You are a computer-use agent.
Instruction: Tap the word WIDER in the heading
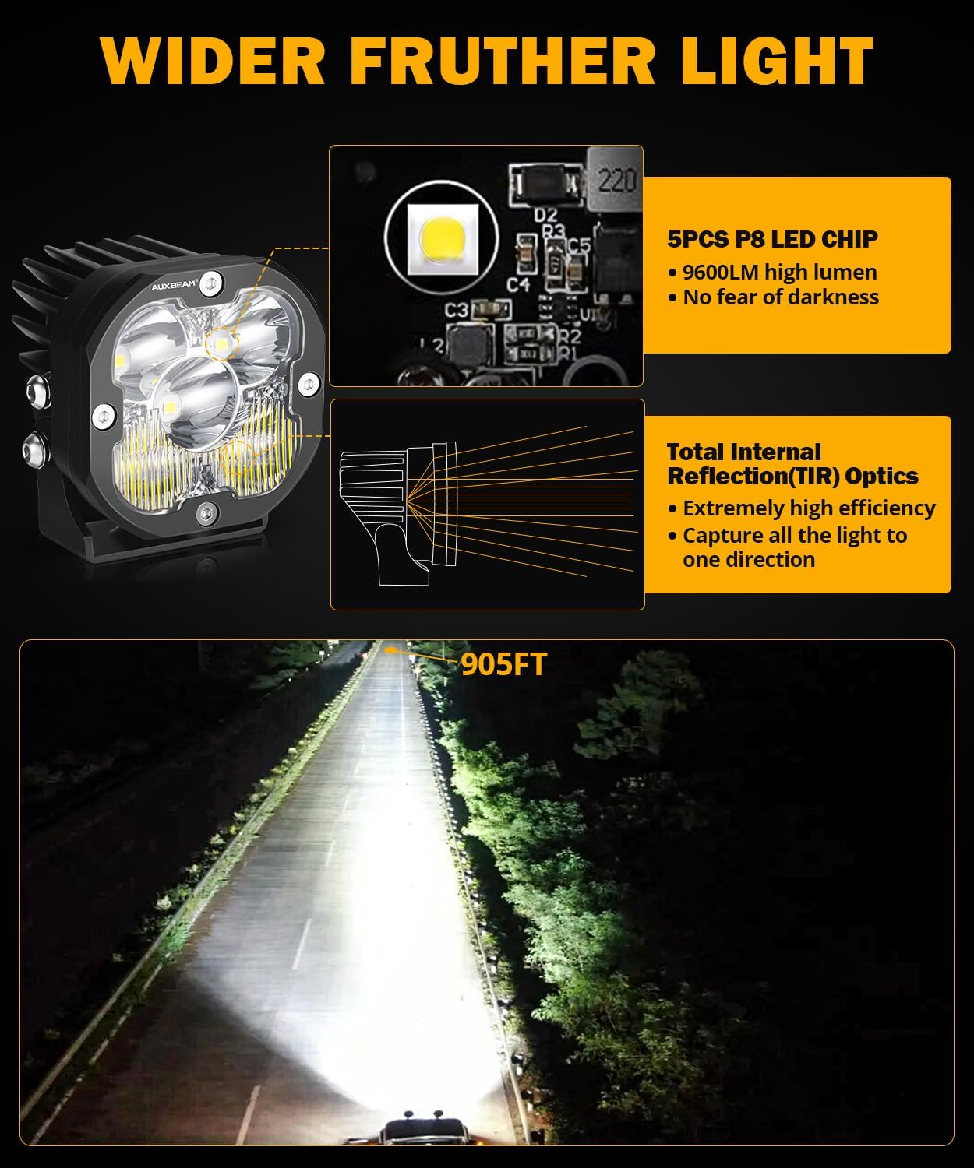[213, 61]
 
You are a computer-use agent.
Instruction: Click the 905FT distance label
[503, 664]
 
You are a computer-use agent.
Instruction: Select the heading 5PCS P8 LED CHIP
[772, 239]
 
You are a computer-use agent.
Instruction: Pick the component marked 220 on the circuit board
[616, 181]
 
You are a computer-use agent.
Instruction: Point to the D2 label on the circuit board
[545, 214]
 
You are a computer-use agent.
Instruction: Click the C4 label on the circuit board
[518, 284]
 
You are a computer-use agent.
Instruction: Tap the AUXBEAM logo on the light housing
[173, 283]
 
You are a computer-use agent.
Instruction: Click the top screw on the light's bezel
[208, 286]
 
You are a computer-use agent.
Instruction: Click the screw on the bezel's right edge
[309, 384]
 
